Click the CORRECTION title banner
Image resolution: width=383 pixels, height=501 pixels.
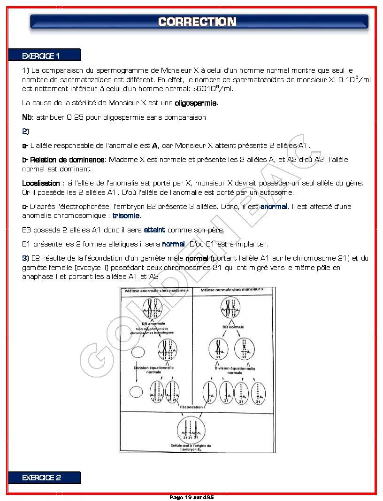tap(197, 22)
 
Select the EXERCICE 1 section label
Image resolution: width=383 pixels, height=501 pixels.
tap(41, 56)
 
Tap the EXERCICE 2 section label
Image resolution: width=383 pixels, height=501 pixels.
tap(41, 478)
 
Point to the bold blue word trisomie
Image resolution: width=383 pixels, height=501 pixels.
tap(126, 216)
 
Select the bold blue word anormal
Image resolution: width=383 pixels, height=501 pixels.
tap(273, 207)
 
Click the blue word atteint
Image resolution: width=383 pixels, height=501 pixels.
tap(154, 230)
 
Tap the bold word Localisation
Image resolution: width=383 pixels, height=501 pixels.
tap(41, 183)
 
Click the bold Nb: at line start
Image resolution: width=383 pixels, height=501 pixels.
tap(27, 117)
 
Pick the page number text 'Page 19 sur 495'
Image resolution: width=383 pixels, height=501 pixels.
tap(191, 497)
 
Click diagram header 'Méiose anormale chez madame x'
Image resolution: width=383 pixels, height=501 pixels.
tap(156, 291)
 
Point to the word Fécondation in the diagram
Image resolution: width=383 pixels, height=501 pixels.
tap(191, 407)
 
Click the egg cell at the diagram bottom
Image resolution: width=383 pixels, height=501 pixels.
tap(191, 430)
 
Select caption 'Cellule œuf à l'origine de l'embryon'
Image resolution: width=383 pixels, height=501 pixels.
tap(191, 447)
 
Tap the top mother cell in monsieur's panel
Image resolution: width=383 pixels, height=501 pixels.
tap(230, 308)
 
